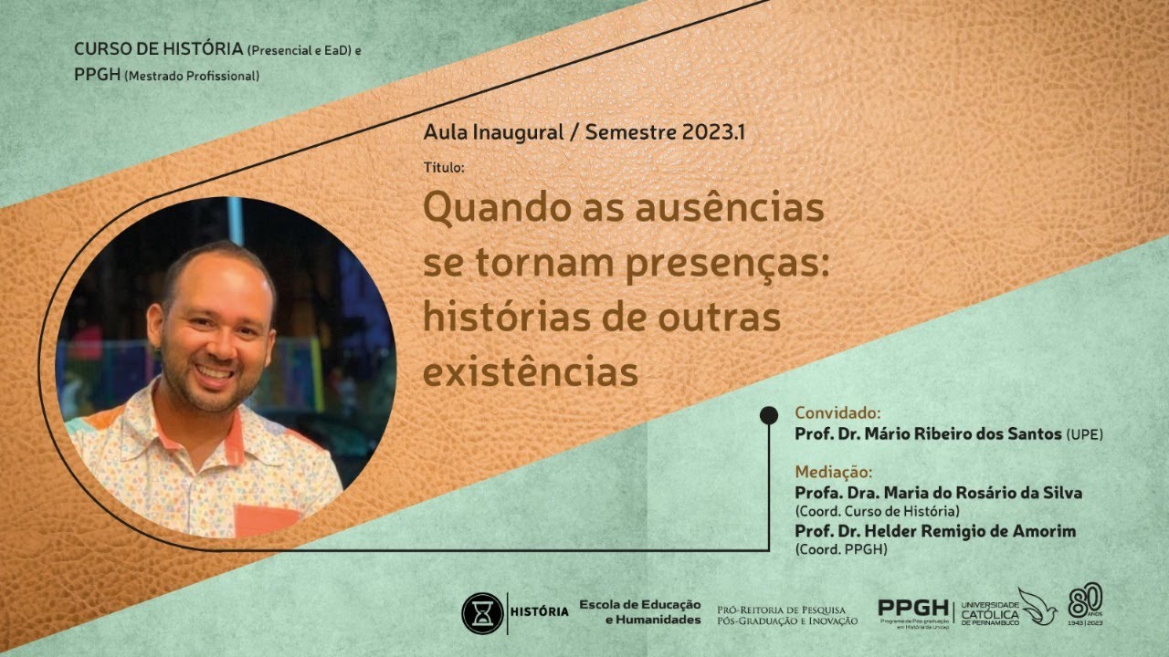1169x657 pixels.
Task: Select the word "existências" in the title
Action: pos(530,372)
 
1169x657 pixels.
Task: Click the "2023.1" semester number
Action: pos(712,131)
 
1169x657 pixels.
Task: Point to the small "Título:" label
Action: pos(444,168)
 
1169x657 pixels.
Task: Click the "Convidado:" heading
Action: pos(837,412)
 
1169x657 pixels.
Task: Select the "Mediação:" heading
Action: pos(834,472)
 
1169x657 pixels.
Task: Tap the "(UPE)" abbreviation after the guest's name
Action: pos(1084,435)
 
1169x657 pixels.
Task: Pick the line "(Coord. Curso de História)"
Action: pos(877,510)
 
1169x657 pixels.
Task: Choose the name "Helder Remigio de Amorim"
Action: pos(969,530)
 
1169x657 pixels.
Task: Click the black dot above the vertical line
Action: pos(769,415)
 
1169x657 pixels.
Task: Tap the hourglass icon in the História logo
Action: pos(482,613)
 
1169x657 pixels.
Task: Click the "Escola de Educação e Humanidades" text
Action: pos(640,612)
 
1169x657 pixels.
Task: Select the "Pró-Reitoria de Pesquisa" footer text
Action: pos(781,609)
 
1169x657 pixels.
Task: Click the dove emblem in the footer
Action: pos(1037,605)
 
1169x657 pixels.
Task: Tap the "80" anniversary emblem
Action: pos(1086,602)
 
